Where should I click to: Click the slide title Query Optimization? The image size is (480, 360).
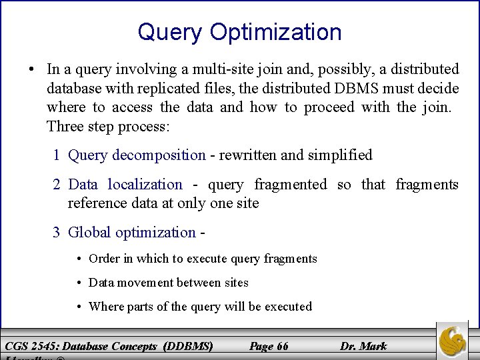(239, 32)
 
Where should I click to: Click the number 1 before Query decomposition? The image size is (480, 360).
(58, 155)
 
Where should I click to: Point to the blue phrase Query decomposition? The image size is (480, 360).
(137, 155)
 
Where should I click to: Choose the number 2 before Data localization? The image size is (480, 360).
(58, 185)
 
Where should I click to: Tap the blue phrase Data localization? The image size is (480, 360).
(125, 185)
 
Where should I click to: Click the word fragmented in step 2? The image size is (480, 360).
(294, 185)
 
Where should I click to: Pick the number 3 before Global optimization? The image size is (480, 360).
(58, 233)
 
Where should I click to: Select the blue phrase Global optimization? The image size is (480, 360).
(132, 233)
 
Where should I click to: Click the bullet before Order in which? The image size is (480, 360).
(79, 259)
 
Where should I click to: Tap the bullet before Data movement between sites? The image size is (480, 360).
(79, 283)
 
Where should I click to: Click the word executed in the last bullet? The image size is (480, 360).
(288, 307)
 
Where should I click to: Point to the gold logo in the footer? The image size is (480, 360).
(453, 341)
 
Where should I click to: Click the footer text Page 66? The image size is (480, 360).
(268, 346)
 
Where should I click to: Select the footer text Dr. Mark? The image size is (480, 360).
(363, 346)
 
